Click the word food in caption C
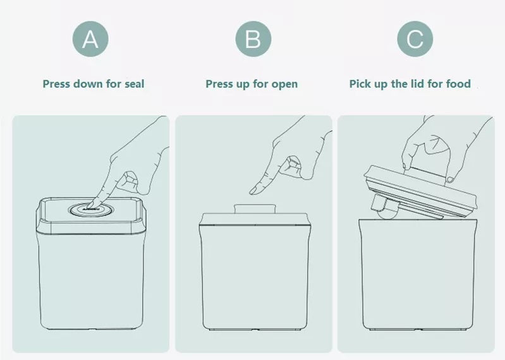click(x=458, y=84)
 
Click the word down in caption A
click(x=87, y=84)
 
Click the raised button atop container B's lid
click(x=252, y=209)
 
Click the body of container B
click(x=252, y=278)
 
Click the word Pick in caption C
click(x=361, y=84)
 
